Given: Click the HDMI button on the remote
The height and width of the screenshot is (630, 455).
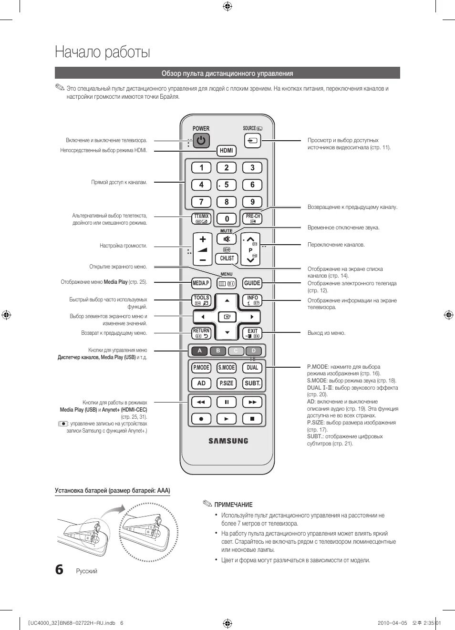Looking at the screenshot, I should click(x=227, y=151).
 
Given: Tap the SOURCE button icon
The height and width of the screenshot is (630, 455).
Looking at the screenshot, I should click(x=253, y=141).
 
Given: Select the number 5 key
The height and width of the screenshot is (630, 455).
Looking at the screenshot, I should click(x=227, y=185).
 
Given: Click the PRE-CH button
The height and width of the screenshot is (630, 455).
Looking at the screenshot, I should click(x=252, y=218).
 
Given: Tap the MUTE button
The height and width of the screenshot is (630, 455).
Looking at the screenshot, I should click(x=227, y=239).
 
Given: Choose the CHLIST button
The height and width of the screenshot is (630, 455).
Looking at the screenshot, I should click(x=227, y=258).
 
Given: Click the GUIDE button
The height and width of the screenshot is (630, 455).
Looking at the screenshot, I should click(x=252, y=283).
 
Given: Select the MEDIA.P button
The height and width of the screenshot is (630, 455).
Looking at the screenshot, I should click(x=201, y=283).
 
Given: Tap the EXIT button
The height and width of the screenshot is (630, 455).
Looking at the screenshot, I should click(x=252, y=333).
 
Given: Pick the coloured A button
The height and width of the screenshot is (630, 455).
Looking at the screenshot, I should click(x=200, y=351).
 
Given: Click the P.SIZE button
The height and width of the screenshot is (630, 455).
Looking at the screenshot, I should click(x=227, y=383).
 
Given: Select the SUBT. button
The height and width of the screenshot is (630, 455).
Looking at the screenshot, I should click(x=252, y=383).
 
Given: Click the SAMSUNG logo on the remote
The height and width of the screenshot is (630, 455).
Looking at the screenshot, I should click(x=228, y=441).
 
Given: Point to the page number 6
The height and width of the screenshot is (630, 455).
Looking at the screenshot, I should click(x=59, y=569).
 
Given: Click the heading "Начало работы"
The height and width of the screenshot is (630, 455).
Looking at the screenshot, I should click(x=103, y=52).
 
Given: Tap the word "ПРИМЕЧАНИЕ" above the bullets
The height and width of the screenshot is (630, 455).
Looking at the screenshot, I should click(x=233, y=505).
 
